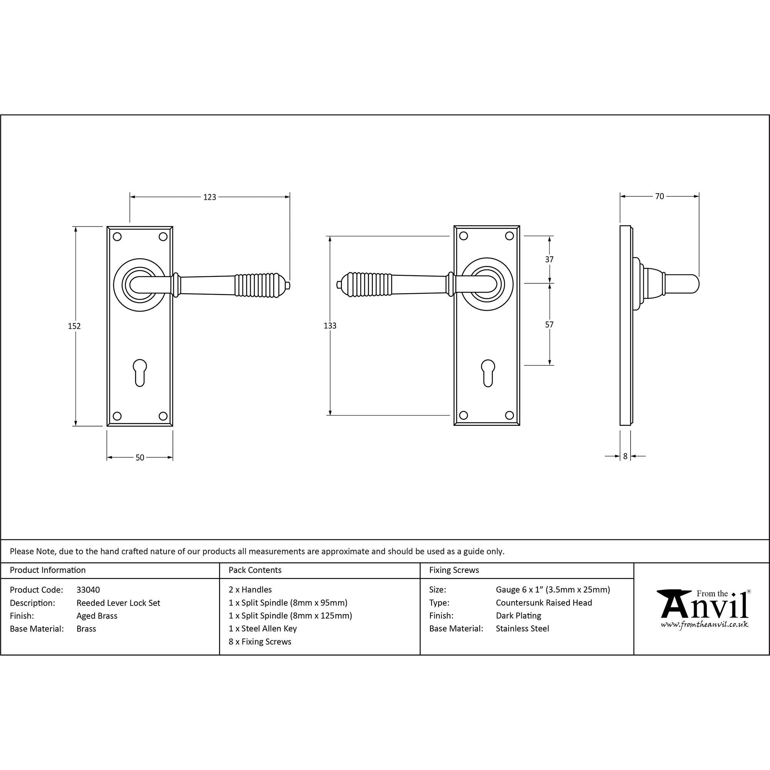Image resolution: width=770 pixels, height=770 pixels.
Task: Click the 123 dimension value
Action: (x=210, y=197)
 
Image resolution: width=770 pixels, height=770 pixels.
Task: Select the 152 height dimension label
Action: (x=74, y=326)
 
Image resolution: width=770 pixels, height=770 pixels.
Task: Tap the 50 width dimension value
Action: (x=139, y=457)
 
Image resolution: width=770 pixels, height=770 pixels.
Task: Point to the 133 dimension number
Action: (x=330, y=326)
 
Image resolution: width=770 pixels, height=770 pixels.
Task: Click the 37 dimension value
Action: (x=549, y=259)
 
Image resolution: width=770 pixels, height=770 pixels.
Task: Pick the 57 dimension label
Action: (x=549, y=325)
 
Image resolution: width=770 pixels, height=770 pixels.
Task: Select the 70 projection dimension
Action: (x=660, y=196)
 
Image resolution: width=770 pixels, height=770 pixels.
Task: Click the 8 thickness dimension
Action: (x=625, y=456)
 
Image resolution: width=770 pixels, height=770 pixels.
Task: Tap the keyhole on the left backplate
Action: (x=139, y=373)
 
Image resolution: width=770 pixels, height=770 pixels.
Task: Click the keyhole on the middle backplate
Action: (x=488, y=373)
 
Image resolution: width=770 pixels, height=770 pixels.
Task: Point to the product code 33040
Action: (x=88, y=590)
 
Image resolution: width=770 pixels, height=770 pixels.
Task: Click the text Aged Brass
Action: (x=97, y=616)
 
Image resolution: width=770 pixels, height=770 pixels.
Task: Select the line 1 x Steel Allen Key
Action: (x=263, y=629)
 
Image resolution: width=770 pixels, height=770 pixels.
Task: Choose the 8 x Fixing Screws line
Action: (x=260, y=642)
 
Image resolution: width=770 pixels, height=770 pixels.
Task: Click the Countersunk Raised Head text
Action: (x=544, y=603)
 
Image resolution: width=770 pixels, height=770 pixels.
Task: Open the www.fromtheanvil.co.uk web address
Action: (x=704, y=624)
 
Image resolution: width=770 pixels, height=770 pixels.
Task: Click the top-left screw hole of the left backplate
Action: (x=117, y=237)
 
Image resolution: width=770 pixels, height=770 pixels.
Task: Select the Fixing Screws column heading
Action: (x=454, y=570)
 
